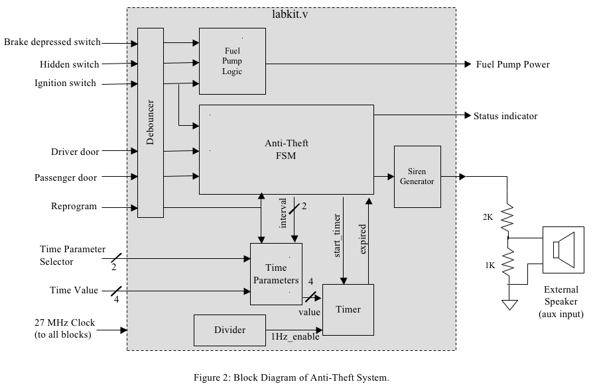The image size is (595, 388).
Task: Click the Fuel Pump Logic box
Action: [232, 61]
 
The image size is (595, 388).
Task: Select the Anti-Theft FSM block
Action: [287, 150]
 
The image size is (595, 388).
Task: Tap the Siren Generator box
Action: [417, 176]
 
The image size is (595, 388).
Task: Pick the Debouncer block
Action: [151, 122]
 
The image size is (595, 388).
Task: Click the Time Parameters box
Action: [276, 274]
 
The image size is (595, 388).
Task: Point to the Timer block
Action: [348, 310]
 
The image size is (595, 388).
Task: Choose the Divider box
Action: [230, 330]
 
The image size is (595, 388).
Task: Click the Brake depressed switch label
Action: [52, 42]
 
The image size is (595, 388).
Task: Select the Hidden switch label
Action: [70, 64]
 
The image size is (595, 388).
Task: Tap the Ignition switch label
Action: [66, 83]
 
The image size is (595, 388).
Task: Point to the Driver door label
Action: [75, 152]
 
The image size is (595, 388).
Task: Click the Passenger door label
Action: [66, 177]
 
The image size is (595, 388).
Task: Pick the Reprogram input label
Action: [74, 206]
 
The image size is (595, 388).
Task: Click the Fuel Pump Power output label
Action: [513, 64]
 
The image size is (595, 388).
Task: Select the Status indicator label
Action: [505, 116]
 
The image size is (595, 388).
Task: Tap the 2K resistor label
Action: [490, 217]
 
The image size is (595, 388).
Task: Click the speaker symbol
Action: [563, 250]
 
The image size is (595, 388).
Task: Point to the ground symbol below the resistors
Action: [509, 305]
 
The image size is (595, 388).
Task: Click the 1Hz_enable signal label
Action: [295, 336]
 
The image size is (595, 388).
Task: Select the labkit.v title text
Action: [290, 14]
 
